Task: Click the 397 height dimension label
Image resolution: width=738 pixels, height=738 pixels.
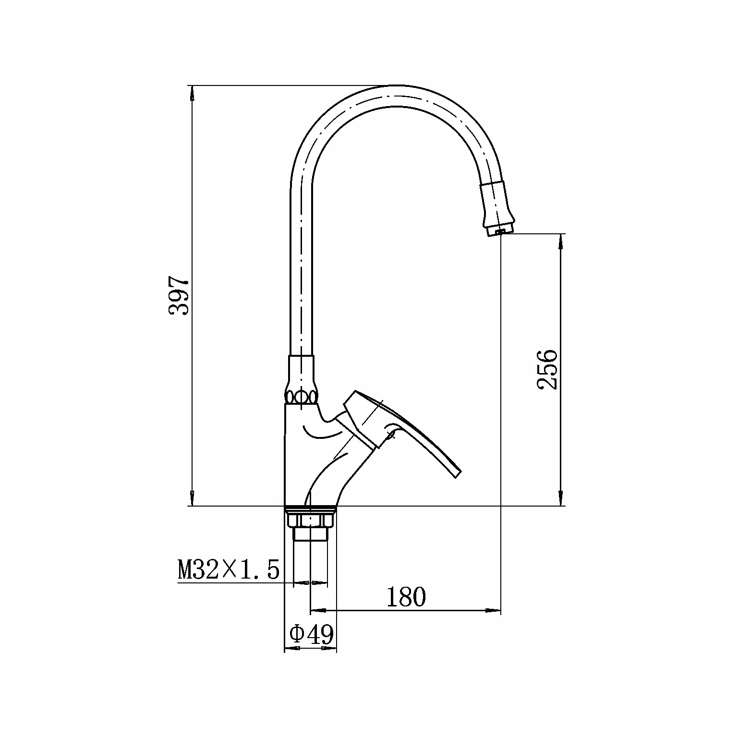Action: [179, 295]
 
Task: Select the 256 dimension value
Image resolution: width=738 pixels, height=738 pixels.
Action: [547, 369]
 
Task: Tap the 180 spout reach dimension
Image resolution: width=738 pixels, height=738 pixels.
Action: [406, 597]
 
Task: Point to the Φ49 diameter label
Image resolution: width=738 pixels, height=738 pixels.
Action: [311, 635]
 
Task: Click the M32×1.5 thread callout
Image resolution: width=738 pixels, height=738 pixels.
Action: [229, 570]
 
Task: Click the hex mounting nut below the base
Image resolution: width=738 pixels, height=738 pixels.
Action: [310, 520]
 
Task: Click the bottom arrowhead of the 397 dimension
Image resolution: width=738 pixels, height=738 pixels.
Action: [192, 498]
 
